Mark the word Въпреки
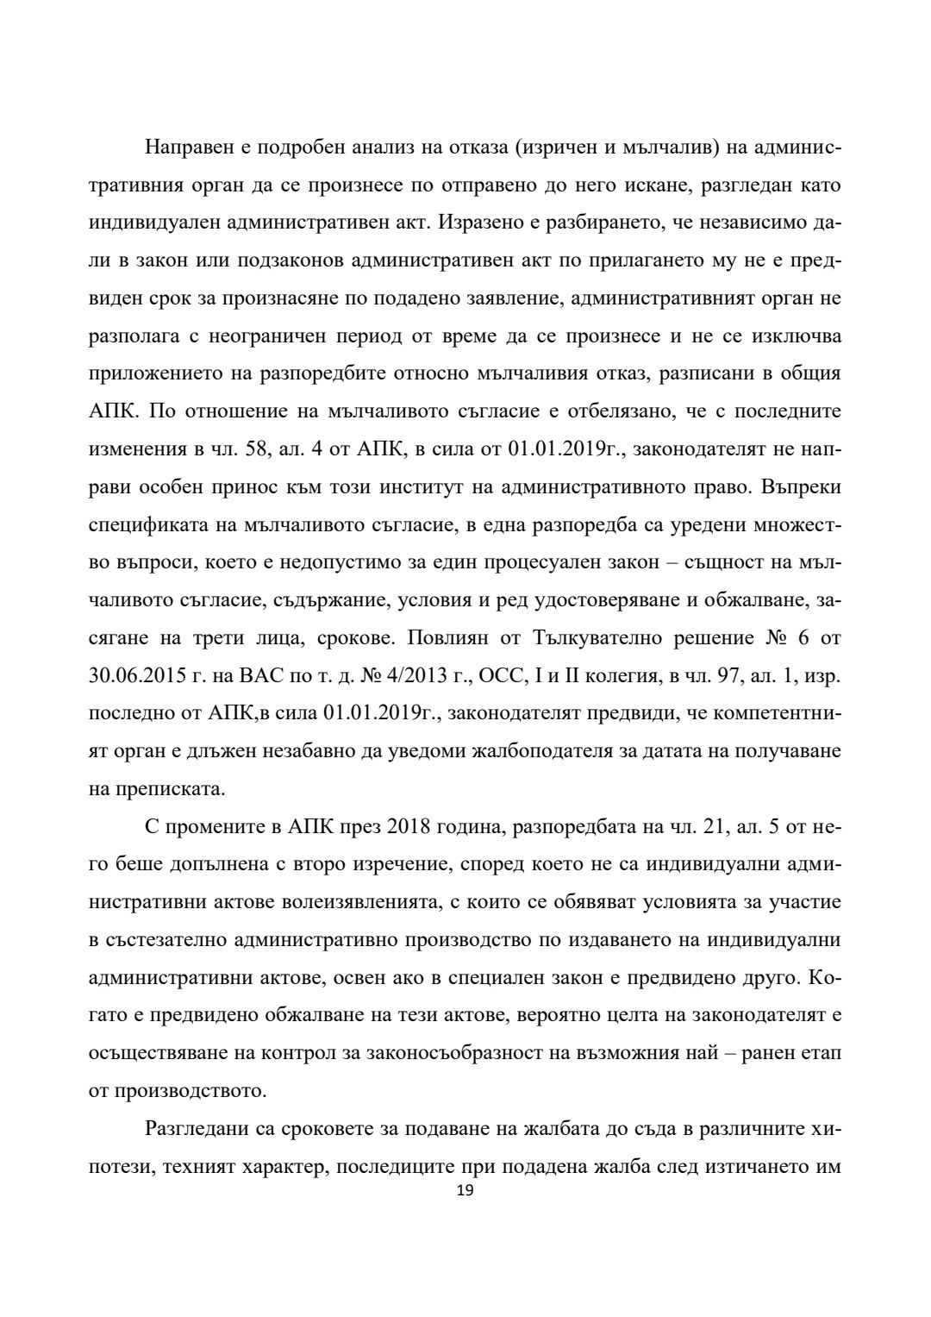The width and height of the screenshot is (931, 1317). pyautogui.click(x=801, y=487)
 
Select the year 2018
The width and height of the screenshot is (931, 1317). pyautogui.click(x=414, y=827)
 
